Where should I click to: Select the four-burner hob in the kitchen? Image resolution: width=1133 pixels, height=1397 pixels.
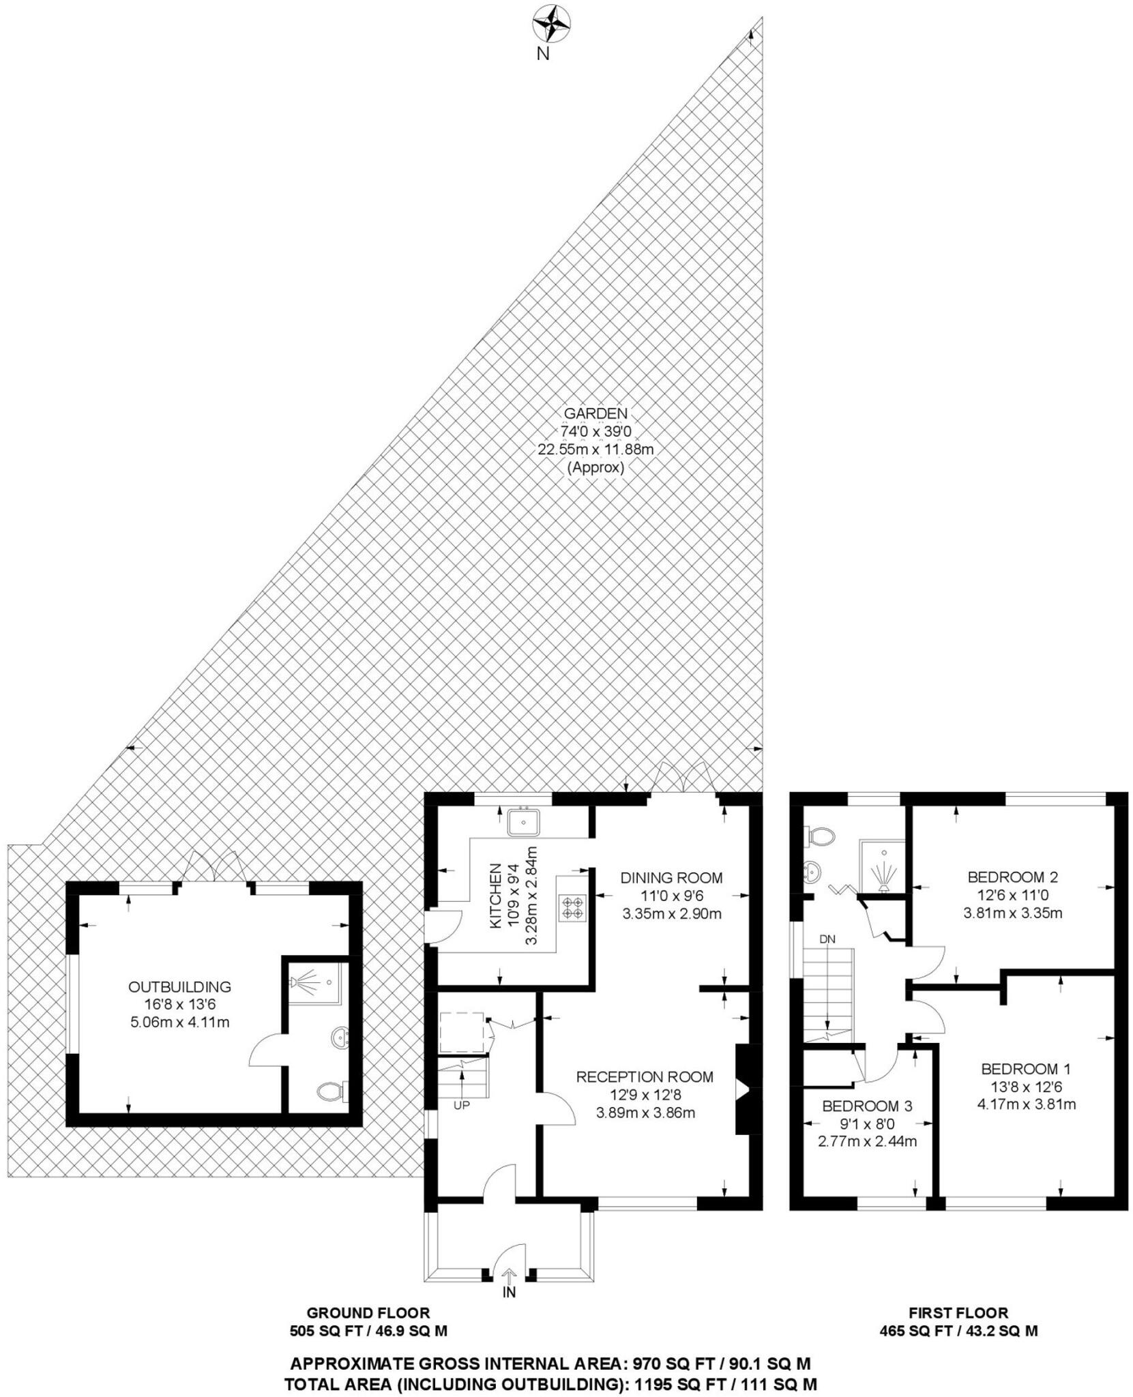coord(572,907)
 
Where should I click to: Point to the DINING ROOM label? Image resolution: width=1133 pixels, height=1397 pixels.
coord(671,878)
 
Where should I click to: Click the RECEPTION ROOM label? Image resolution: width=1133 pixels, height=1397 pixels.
coord(645,1077)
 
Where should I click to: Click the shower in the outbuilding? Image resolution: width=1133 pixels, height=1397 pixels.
coord(316,983)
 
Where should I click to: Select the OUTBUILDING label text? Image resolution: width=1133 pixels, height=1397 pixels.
coord(179,986)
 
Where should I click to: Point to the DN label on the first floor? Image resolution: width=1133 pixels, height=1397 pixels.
coord(827,939)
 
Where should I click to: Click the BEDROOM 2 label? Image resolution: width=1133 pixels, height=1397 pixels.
coord(1012,877)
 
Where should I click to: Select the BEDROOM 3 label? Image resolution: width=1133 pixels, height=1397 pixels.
coord(867,1106)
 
